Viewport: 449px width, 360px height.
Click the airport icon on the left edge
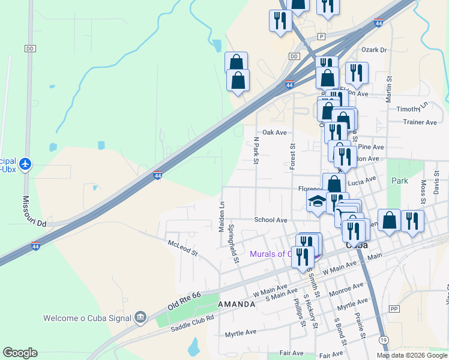coord(25,163)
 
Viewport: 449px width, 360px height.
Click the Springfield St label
coord(233,242)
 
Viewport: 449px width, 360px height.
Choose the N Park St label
coord(256,150)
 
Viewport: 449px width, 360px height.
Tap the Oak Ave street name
coord(274,132)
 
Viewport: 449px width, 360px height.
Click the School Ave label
coord(271,220)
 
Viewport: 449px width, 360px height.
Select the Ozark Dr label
coord(373,50)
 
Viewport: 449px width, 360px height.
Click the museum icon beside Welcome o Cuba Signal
coord(140,316)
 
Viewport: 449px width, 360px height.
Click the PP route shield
coord(394,308)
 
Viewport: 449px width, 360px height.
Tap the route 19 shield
coord(384,340)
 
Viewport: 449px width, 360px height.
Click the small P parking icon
coord(322,36)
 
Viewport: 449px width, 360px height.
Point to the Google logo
coord(20,353)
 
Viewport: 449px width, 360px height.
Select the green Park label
coord(399,181)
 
